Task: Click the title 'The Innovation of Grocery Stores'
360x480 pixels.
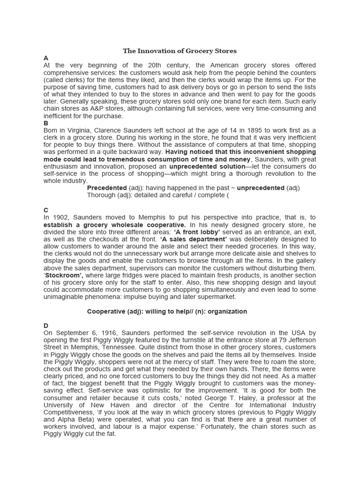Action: pos(180,51)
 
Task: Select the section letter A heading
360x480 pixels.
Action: pos(46,58)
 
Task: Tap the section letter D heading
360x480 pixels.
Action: pos(46,325)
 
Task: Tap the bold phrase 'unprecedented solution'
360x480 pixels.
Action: pos(207,166)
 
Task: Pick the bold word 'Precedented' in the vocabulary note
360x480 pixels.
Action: pos(107,188)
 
